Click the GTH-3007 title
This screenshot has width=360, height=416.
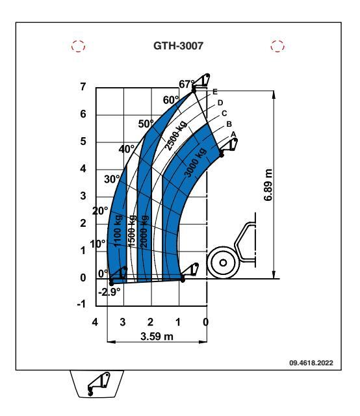coord(178,45)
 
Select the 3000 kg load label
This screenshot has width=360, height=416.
coord(195,162)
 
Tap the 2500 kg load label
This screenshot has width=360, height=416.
coord(175,136)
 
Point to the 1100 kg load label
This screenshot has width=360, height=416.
coord(118,231)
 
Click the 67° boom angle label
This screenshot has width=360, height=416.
coord(186,84)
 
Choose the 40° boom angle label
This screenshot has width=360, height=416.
coord(127,149)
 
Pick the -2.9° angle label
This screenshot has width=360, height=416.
coord(109,292)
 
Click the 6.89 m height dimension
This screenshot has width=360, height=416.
coord(268,185)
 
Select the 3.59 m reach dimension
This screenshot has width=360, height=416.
coord(157,336)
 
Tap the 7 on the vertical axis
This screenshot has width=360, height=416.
coord(83,86)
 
